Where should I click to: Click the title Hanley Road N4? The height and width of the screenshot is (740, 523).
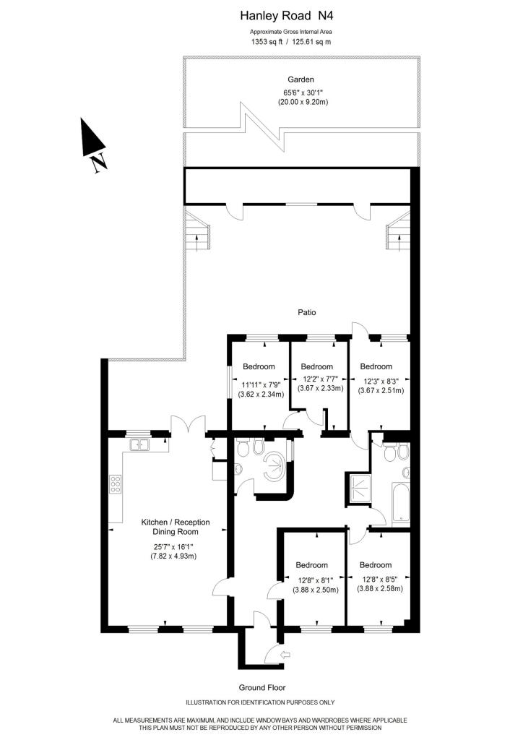click(x=287, y=16)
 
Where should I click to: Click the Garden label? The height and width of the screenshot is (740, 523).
click(x=301, y=79)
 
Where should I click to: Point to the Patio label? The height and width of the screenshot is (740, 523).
click(x=306, y=312)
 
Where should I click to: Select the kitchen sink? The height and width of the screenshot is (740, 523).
click(x=139, y=444)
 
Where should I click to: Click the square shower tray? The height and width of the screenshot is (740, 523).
click(x=358, y=488)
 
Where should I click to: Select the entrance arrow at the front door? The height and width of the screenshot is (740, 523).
click(x=286, y=655)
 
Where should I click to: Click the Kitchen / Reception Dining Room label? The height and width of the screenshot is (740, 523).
click(x=176, y=527)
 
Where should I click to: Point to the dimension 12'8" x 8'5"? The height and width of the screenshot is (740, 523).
click(x=376, y=580)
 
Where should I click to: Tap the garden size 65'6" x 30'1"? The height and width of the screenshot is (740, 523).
click(x=301, y=93)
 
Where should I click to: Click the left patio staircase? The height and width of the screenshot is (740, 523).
click(x=198, y=231)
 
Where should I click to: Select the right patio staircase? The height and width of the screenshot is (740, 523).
click(x=399, y=231)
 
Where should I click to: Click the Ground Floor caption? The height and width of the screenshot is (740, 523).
click(x=262, y=688)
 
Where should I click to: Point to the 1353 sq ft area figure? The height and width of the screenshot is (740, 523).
click(x=267, y=41)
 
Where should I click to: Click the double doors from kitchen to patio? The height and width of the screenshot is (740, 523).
click(x=189, y=423)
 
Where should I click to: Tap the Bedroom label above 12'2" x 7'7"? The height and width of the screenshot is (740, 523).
click(x=317, y=366)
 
